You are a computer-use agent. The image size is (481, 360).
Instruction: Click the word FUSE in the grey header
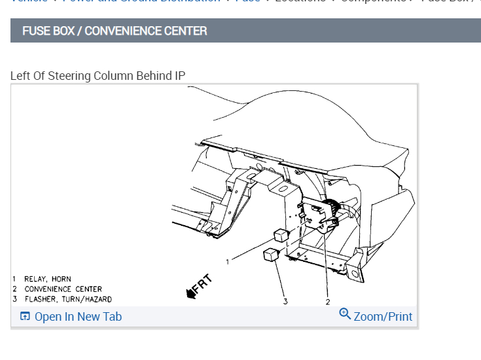coord(35,31)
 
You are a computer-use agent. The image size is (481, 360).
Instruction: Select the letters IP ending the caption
coord(179,76)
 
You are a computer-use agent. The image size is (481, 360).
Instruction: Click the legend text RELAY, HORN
coord(47,279)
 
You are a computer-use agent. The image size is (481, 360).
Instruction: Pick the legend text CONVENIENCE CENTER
coord(63,289)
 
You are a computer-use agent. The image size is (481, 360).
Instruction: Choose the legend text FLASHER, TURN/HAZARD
coord(68,299)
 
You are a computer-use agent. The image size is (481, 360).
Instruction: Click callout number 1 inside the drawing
coord(228,262)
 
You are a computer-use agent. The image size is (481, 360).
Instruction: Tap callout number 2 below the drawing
coord(328,302)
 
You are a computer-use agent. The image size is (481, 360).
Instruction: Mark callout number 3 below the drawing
coord(285,302)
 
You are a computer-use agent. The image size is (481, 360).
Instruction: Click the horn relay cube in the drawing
coord(280,235)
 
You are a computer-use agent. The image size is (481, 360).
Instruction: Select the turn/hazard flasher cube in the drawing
coord(271,255)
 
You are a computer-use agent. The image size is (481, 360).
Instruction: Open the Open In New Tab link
coord(78,317)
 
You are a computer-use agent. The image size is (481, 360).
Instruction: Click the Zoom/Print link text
coord(383,317)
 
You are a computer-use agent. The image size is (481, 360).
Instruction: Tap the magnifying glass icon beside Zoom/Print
coord(345,314)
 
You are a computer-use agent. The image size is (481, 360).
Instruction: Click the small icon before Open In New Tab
coord(25,317)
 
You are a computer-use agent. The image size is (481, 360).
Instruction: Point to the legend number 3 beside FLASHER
coord(14,299)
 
